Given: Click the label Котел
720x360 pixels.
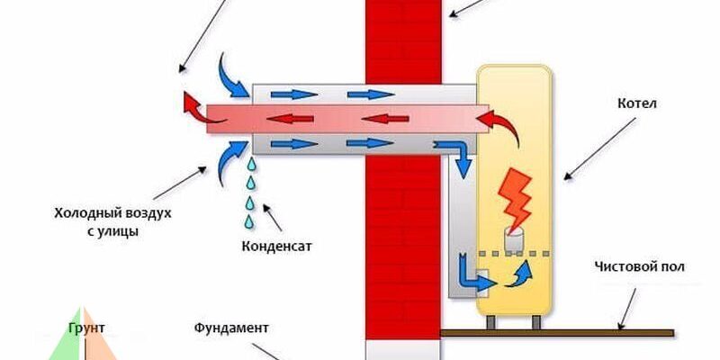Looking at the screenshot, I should point(638,103).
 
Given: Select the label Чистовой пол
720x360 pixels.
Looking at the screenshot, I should point(640,267).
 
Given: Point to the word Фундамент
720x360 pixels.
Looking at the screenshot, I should point(231,327).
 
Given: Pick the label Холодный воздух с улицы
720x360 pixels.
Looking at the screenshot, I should point(112,221).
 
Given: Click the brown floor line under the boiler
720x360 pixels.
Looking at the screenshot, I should point(558,333).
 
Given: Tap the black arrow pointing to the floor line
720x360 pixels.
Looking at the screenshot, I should point(626,306).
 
